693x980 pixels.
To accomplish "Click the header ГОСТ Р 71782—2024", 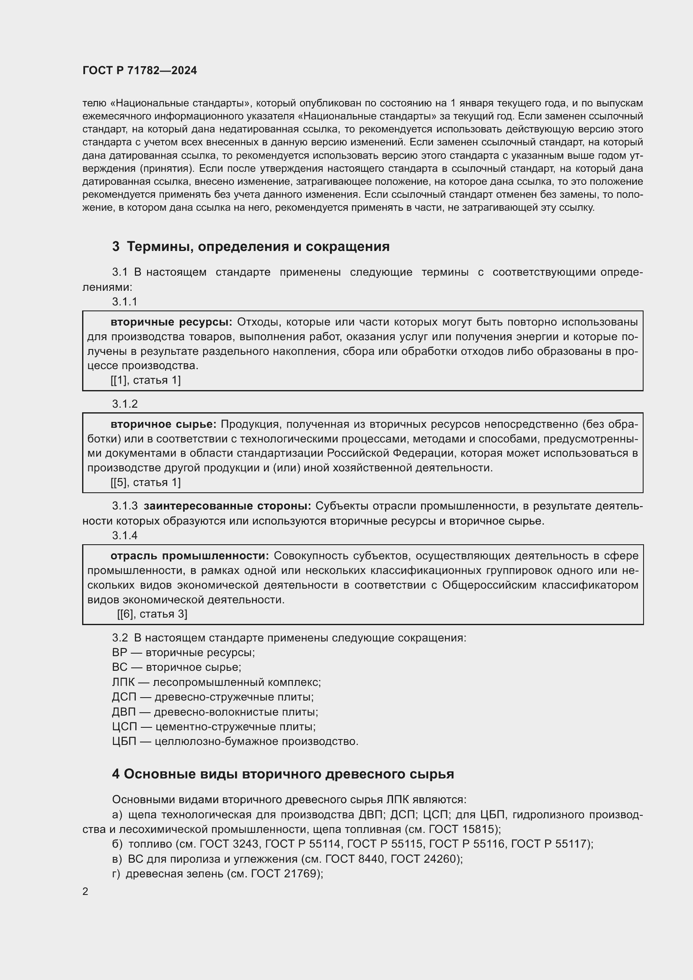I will tap(140, 71).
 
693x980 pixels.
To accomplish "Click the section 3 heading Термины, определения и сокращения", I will tap(251, 246).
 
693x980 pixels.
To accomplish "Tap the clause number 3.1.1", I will tap(124, 302).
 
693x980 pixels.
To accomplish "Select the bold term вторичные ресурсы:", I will tap(171, 322).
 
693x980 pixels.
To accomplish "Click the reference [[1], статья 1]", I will tap(145, 380).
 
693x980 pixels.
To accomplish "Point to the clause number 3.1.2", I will tap(124, 404).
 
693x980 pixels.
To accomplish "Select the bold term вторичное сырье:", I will tap(163, 424).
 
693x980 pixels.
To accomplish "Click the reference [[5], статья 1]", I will tap(145, 482).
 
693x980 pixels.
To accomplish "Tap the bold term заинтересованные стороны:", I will tap(228, 506).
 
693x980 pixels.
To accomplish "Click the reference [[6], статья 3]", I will tap(152, 614).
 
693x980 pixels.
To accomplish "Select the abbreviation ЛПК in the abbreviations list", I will tap(123, 682).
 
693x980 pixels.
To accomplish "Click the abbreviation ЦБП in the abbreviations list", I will tap(124, 742).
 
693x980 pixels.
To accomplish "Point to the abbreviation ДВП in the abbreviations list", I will tap(124, 712).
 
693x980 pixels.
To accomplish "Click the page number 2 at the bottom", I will tap(85, 892).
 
